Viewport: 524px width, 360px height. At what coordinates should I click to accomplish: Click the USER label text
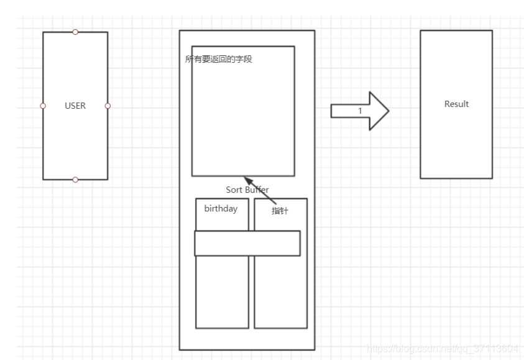coord(75,106)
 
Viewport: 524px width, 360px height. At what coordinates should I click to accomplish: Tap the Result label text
coord(456,104)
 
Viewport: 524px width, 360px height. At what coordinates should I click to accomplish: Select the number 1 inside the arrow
coord(359,111)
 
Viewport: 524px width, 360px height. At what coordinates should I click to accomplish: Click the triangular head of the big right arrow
coord(379,111)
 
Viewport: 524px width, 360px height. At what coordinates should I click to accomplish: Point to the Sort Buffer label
coord(247,189)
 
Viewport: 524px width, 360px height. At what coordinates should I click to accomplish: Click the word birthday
coord(221,209)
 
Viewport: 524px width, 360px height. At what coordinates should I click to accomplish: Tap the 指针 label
coord(280,211)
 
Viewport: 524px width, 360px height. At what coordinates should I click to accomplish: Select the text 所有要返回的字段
coord(219,60)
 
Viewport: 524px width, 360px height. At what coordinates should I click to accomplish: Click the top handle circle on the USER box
coord(75,32)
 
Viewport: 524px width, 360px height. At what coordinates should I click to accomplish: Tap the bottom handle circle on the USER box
coord(75,180)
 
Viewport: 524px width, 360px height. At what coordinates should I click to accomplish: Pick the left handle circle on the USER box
coord(43,106)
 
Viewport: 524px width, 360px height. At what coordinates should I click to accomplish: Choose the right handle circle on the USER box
coord(108,106)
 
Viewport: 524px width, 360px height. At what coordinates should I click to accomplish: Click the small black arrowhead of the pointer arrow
coord(247,179)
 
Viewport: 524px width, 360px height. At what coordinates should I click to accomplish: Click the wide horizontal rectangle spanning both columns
coord(247,243)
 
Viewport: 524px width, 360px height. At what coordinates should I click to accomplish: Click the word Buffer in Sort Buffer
coord(257,189)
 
